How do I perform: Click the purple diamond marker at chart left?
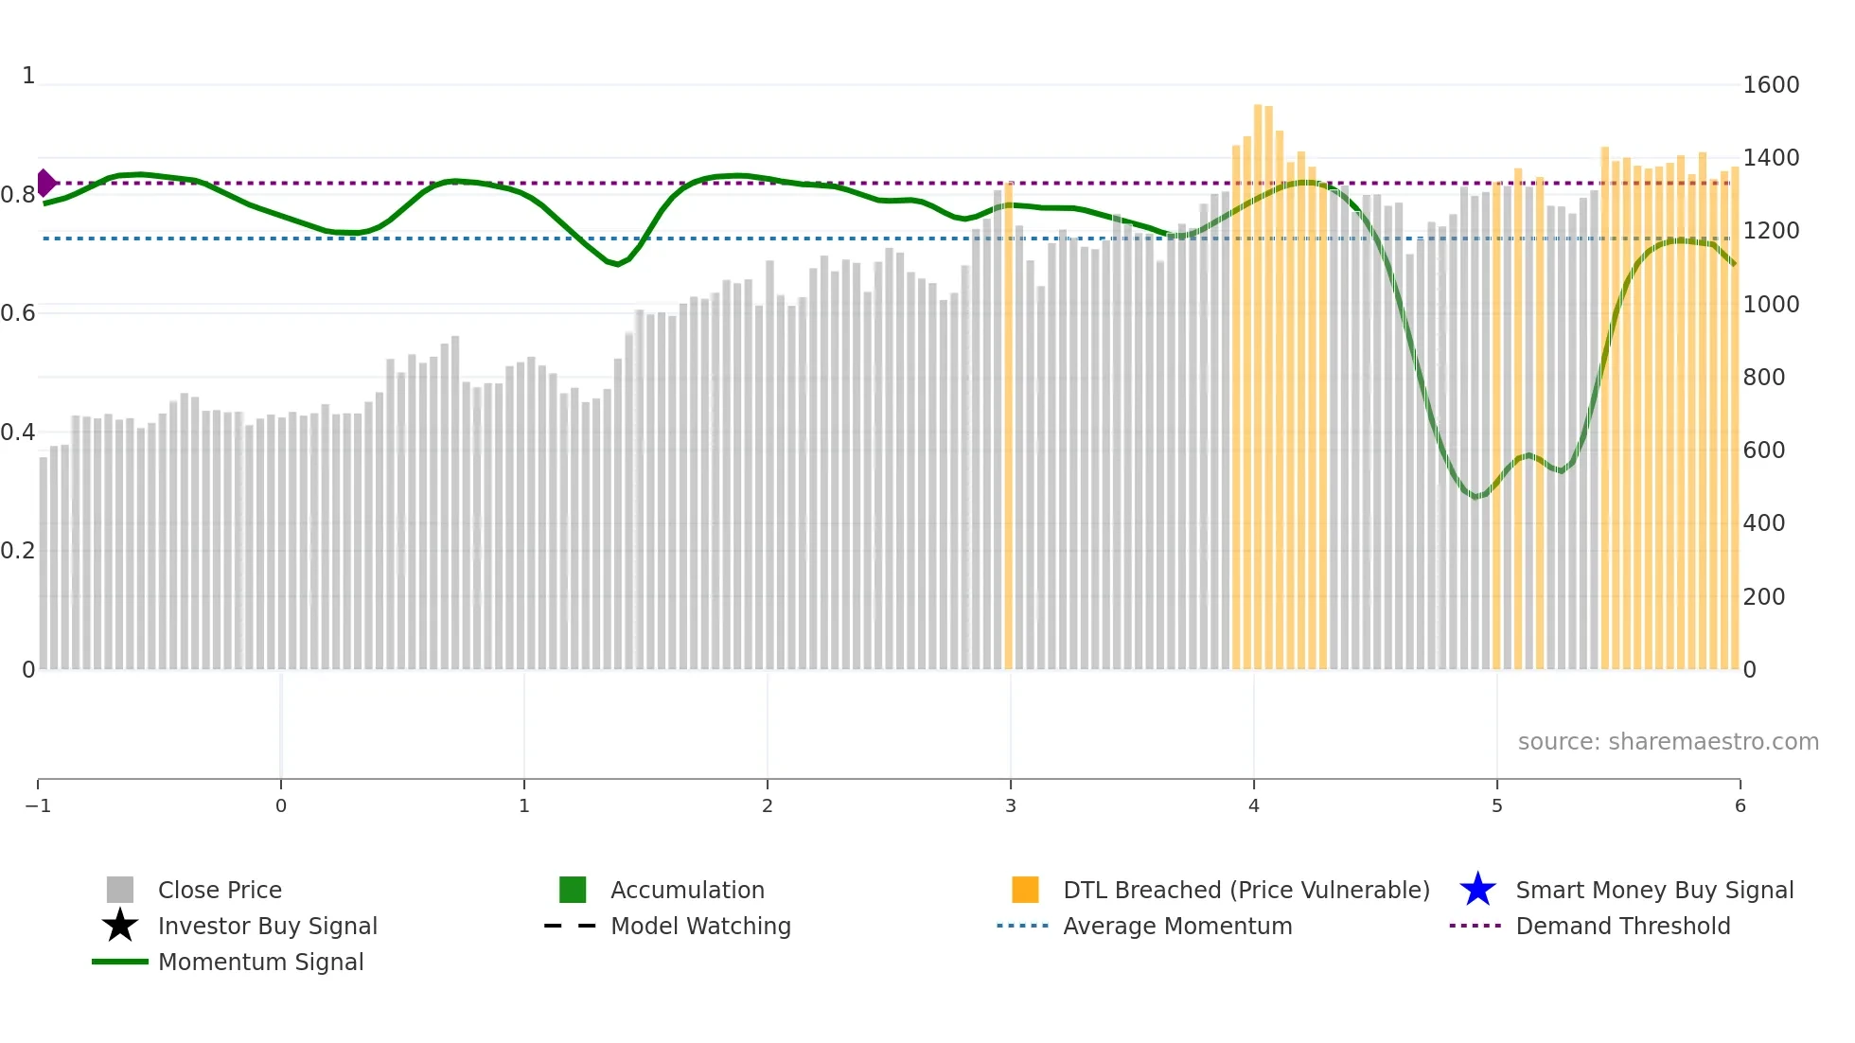click(45, 183)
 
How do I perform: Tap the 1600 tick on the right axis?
click(1771, 85)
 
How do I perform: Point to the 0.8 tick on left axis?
click(17, 195)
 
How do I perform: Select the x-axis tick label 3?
click(1010, 805)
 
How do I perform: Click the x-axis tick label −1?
click(38, 805)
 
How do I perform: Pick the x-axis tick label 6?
click(1740, 805)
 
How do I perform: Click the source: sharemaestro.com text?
click(1668, 741)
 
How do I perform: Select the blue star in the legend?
click(1477, 890)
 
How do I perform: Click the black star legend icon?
click(120, 926)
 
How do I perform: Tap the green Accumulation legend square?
click(573, 890)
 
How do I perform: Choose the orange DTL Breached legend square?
click(1025, 890)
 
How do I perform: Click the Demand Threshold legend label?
click(1622, 926)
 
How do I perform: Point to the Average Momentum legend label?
click(1177, 926)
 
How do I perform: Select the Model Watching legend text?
click(700, 926)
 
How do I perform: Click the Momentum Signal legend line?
click(120, 962)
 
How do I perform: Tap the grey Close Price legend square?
click(120, 890)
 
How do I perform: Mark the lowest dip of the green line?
click(1475, 496)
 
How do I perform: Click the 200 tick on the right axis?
click(1763, 596)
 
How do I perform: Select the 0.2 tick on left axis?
click(17, 551)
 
